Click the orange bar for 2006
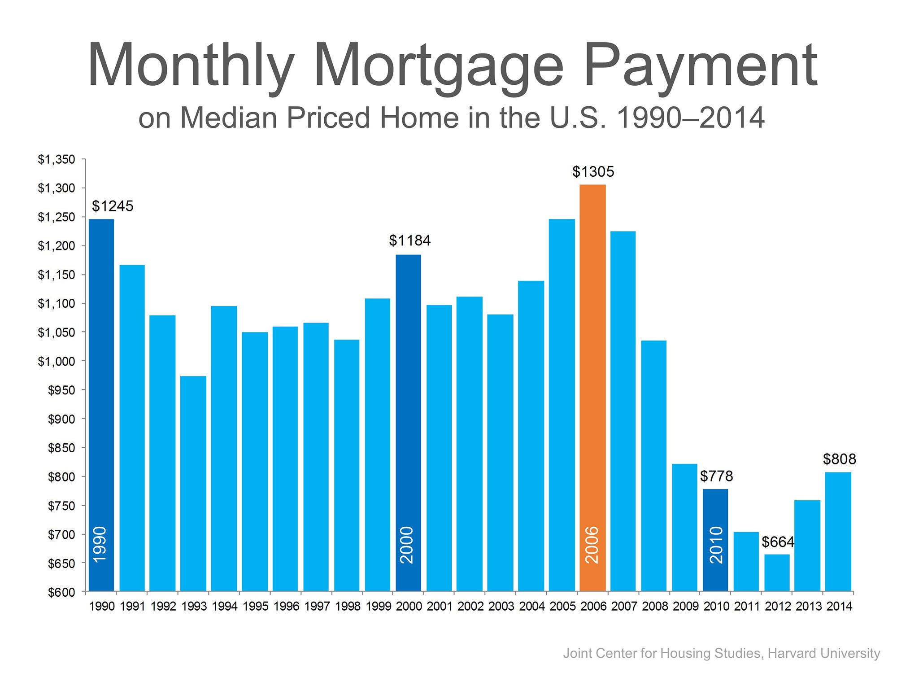click(x=592, y=388)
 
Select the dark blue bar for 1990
click(x=101, y=405)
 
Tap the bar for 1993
click(x=193, y=484)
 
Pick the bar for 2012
click(x=777, y=573)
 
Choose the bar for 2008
click(x=654, y=466)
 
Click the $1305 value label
click(x=593, y=171)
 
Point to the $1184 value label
click(x=409, y=241)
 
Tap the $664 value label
click(x=778, y=542)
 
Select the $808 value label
click(x=840, y=459)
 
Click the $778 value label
click(x=717, y=476)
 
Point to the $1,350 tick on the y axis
click(x=57, y=159)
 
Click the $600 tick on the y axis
click(x=61, y=592)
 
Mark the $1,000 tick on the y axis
click(x=57, y=361)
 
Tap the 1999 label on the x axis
click(x=379, y=606)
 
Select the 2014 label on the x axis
click(x=839, y=606)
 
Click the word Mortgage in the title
click(x=438, y=67)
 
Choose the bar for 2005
click(x=562, y=405)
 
